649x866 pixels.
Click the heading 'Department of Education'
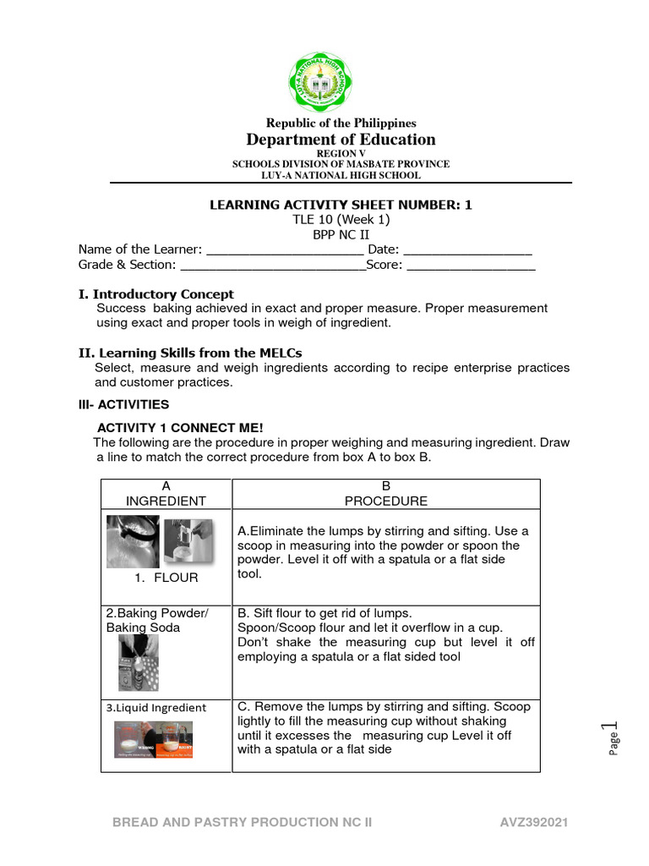[341, 140]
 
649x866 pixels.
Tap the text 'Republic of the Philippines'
[341, 123]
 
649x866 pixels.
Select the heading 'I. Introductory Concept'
[156, 294]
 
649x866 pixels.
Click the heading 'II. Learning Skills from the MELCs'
[190, 353]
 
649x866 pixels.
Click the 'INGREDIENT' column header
[166, 501]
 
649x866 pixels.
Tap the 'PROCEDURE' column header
[386, 501]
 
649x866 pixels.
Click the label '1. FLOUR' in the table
[166, 578]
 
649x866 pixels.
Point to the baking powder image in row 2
[138, 662]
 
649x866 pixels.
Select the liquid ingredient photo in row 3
[154, 739]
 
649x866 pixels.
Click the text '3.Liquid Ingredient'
[155, 708]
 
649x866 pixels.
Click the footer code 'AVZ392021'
[534, 822]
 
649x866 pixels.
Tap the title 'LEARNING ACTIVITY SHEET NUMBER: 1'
[341, 205]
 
